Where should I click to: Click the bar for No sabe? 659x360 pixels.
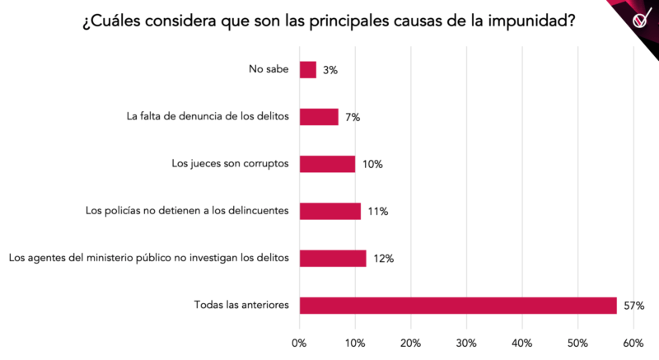(x=307, y=70)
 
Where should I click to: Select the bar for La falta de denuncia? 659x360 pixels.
(x=319, y=117)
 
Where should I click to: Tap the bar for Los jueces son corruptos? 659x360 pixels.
(x=327, y=164)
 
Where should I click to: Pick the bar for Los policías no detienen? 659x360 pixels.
(x=329, y=211)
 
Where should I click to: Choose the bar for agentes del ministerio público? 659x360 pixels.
(x=333, y=258)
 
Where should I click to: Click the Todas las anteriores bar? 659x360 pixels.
(x=458, y=306)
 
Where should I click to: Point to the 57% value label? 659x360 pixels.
(x=633, y=306)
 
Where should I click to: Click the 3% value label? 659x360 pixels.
(x=330, y=70)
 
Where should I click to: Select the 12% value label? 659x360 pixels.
(x=383, y=259)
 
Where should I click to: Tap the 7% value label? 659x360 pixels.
(x=353, y=117)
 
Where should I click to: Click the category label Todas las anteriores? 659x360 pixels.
(x=241, y=306)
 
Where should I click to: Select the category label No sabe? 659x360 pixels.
(x=269, y=70)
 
